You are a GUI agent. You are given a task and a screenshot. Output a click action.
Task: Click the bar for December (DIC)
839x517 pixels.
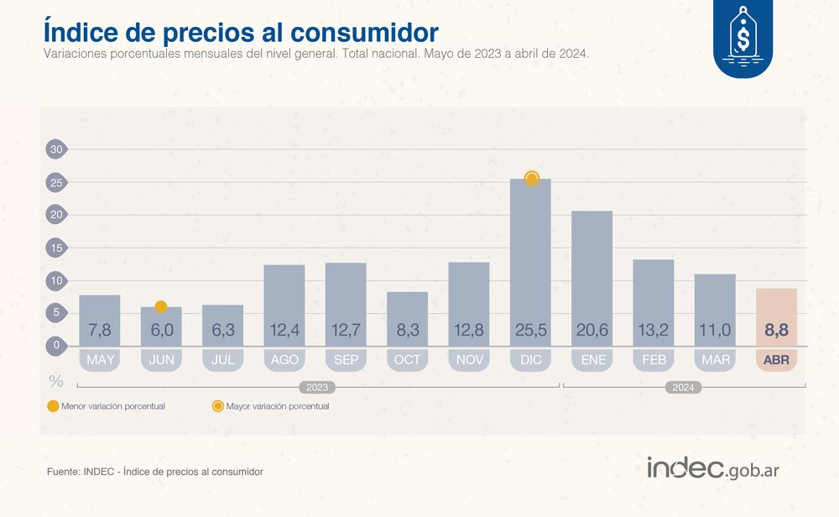coord(530,260)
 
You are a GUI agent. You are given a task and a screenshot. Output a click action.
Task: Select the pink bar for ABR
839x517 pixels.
coord(776,316)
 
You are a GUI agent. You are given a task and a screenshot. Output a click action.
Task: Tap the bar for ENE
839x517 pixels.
coord(591,277)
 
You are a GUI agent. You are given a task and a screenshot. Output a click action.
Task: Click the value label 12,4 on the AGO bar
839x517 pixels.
coord(284,331)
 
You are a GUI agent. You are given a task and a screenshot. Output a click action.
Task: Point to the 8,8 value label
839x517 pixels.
coord(776,331)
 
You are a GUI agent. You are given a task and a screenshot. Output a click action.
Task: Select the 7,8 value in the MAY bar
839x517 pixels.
coord(100,331)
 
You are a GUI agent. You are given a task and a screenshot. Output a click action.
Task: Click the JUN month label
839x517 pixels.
coord(161,360)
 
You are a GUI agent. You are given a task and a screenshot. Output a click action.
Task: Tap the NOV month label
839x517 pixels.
coord(469,360)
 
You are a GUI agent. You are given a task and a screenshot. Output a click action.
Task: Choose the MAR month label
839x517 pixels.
coord(715,360)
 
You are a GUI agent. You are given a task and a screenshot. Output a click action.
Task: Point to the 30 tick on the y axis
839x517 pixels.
coord(55,149)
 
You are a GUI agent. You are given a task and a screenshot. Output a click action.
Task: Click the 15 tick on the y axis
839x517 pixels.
coord(55,248)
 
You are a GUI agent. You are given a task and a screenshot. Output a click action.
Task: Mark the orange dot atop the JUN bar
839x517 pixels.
coord(161,306)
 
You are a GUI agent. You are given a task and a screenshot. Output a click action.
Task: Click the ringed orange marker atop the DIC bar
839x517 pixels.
coord(531,178)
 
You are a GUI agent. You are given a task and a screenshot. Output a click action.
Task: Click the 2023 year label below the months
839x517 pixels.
coord(317,388)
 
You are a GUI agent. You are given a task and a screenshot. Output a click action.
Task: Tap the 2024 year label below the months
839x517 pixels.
coord(684,388)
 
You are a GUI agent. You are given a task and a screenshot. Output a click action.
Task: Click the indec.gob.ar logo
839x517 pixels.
coord(712,468)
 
